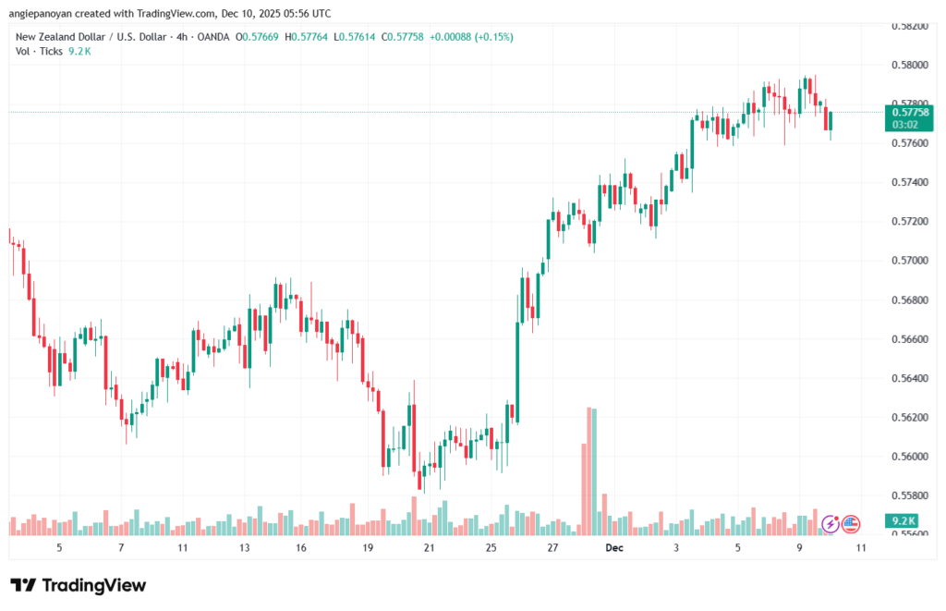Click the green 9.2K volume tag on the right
905,521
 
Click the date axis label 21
429,548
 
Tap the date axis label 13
244,548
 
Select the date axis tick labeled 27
552,548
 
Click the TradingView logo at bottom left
78,585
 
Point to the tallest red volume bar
585,471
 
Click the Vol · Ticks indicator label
40,51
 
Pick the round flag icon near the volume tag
851,524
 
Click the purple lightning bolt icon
831,524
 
